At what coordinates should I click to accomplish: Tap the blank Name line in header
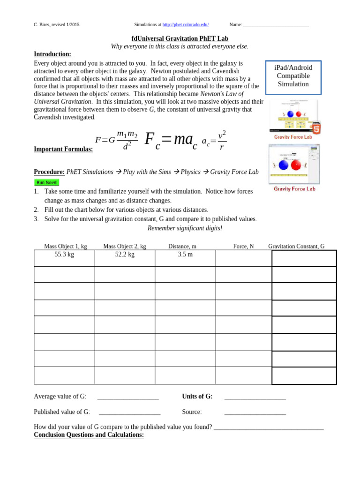click(x=276, y=25)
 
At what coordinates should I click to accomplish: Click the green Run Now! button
click(x=46, y=182)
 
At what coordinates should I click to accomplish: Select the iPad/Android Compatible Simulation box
click(x=293, y=76)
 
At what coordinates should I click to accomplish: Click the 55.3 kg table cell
click(x=64, y=255)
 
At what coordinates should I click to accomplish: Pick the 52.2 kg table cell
click(x=125, y=255)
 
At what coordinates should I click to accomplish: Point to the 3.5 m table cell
click(x=185, y=255)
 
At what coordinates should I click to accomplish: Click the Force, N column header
click(x=243, y=246)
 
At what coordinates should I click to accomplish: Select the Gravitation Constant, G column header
click(x=296, y=246)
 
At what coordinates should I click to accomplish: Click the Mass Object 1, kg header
click(x=65, y=246)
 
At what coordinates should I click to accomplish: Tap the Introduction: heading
click(x=52, y=54)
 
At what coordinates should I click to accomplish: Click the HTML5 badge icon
click(x=316, y=127)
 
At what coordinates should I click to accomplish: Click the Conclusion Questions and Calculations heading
click(x=89, y=435)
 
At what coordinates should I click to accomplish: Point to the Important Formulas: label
click(x=63, y=149)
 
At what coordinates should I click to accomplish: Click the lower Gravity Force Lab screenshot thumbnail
click(x=294, y=165)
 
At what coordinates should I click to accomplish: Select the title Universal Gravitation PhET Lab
click(x=180, y=38)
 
